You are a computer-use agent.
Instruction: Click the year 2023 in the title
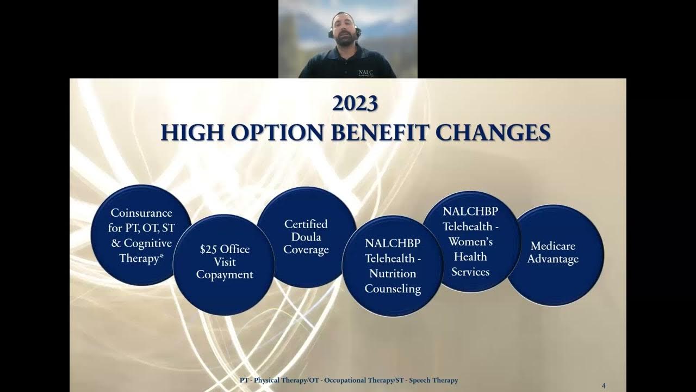point(355,103)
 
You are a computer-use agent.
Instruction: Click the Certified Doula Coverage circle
point(306,237)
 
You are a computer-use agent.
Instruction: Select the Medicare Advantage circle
point(553,253)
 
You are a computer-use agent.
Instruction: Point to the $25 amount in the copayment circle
point(209,249)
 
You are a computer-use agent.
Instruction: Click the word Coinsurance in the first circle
point(141,213)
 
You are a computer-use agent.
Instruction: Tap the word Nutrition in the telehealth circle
point(393,273)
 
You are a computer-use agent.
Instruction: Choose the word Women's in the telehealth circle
point(470,241)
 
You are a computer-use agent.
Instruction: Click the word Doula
point(306,237)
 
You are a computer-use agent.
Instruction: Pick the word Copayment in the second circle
point(225,275)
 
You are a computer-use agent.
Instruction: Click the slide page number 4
point(604,385)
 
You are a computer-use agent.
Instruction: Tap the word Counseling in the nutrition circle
point(393,289)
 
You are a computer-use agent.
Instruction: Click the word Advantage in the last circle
point(553,260)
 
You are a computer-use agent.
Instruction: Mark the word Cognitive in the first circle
point(148,243)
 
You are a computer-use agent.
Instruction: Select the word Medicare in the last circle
point(553,246)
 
